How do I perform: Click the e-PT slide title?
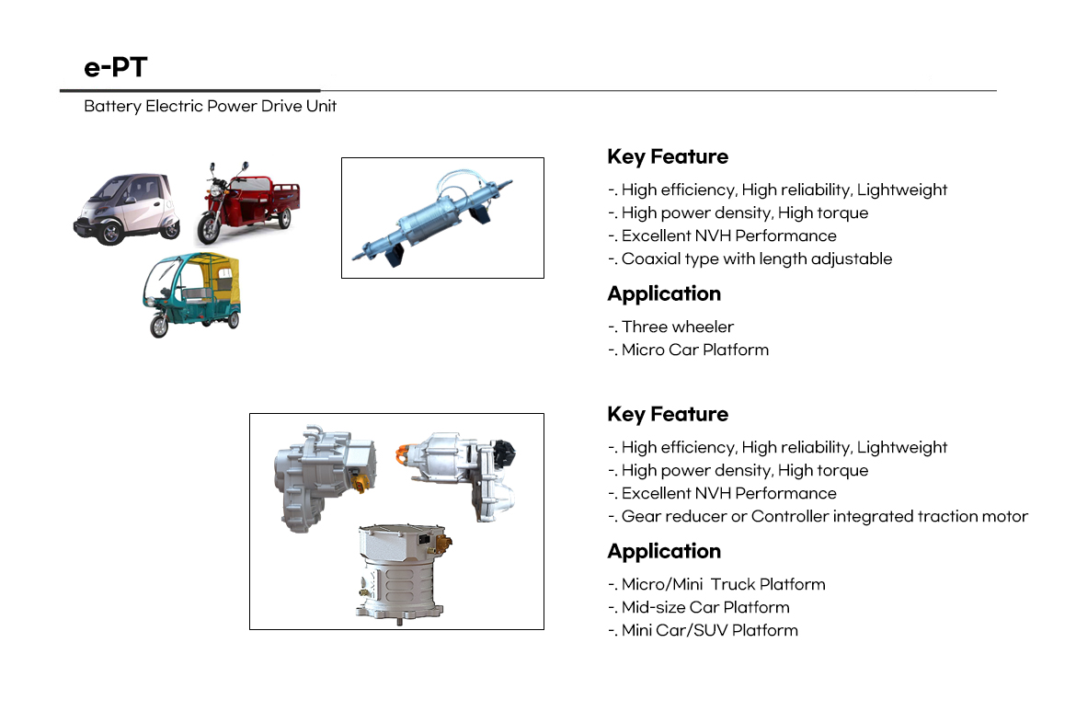(x=115, y=66)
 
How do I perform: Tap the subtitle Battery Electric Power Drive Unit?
(x=210, y=106)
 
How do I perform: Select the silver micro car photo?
(x=127, y=208)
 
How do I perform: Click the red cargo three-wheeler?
(x=247, y=203)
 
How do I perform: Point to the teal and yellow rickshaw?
(x=192, y=294)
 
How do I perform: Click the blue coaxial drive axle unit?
(x=432, y=218)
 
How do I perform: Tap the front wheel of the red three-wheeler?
(x=207, y=230)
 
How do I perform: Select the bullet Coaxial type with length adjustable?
(x=750, y=258)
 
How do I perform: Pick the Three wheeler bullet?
(x=670, y=327)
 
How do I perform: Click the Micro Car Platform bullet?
(x=688, y=350)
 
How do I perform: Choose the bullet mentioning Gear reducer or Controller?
(x=818, y=516)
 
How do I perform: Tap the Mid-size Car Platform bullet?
(x=699, y=608)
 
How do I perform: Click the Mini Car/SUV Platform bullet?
(x=703, y=630)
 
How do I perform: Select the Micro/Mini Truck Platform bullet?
(x=716, y=584)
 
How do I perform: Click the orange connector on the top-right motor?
(x=403, y=453)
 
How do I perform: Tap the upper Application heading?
(x=664, y=293)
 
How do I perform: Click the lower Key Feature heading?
(x=668, y=414)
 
